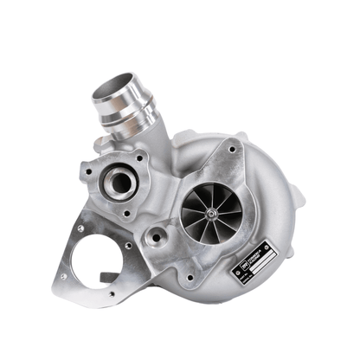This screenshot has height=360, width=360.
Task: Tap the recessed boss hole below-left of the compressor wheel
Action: point(157,235)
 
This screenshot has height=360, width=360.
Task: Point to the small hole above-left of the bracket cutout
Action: point(80,229)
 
